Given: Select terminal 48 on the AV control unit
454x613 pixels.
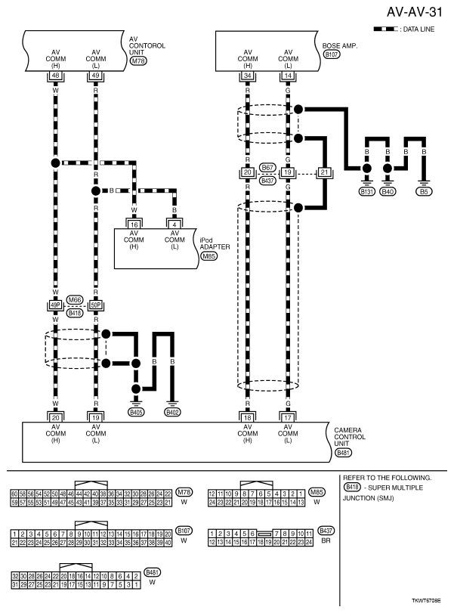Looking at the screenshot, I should click(x=55, y=76).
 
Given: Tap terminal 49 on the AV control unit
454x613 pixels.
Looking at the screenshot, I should click(x=95, y=76).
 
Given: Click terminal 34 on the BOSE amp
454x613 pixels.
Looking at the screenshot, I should click(x=247, y=76).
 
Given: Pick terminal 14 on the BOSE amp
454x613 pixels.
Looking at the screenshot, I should click(x=287, y=76).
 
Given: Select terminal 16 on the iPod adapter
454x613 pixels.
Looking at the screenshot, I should click(x=134, y=224).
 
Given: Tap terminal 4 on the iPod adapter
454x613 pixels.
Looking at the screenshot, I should click(x=174, y=224).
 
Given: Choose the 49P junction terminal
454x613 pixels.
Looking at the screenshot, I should click(x=55, y=305).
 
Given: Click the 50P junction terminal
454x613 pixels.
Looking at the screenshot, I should click(x=95, y=305).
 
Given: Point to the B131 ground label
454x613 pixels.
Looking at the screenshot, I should click(x=367, y=192).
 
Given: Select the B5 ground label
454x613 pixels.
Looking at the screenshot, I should click(x=425, y=192).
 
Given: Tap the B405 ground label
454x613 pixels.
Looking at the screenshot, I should click(x=136, y=413).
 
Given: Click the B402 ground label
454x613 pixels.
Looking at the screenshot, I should click(x=174, y=413).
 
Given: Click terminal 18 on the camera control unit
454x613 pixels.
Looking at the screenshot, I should click(x=247, y=416).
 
